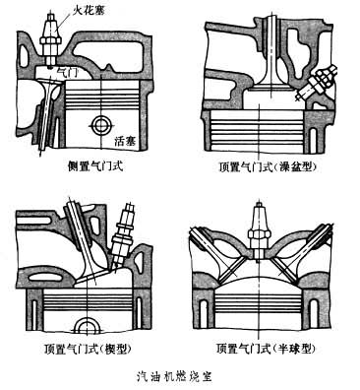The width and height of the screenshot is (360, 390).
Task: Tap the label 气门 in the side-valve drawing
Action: (x=67, y=71)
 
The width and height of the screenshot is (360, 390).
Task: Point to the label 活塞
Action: (x=125, y=141)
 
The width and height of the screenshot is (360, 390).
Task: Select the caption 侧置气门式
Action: (x=94, y=166)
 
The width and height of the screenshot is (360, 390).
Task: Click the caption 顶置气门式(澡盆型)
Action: (x=268, y=167)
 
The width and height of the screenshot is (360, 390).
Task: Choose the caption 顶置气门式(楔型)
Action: (x=88, y=349)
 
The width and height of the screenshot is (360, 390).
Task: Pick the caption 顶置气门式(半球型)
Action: (x=268, y=349)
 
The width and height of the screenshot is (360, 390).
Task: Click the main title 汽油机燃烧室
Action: (x=174, y=375)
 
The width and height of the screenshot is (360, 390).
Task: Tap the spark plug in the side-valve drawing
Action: (x=50, y=40)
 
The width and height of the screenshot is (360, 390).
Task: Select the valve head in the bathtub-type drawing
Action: (x=270, y=87)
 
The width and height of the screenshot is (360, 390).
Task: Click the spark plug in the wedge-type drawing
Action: (x=122, y=233)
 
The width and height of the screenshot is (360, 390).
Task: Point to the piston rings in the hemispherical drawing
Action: (x=259, y=303)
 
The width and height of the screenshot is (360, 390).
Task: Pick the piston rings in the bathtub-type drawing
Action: (x=259, y=129)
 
